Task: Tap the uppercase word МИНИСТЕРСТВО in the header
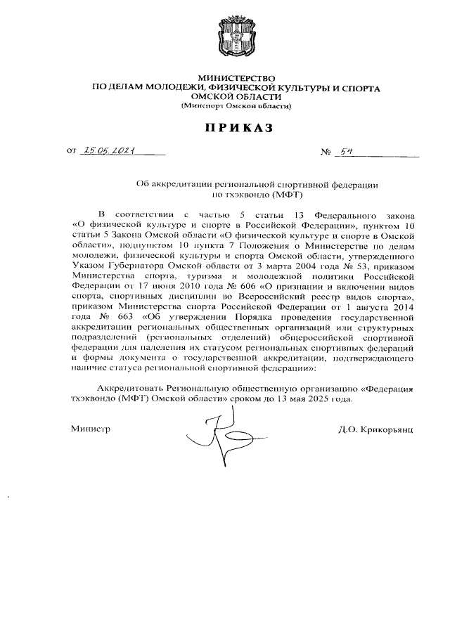(238, 77)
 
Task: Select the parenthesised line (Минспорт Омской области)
(237, 105)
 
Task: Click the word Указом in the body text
(88, 267)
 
